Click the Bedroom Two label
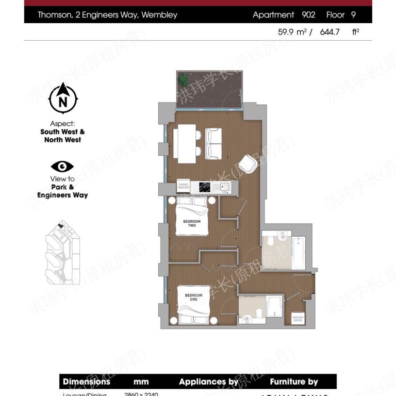[x=192, y=223]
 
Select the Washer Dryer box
[x=298, y=318]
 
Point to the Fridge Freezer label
[x=184, y=186]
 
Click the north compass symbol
[x=63, y=98]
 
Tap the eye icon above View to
[x=62, y=167]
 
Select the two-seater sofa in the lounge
[x=213, y=143]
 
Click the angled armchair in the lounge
[x=247, y=165]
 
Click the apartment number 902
[x=308, y=15]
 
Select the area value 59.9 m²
[x=292, y=32]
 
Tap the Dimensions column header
[x=87, y=382]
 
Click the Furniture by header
[x=294, y=382]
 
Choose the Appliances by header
[x=208, y=382]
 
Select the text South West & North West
[x=62, y=136]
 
